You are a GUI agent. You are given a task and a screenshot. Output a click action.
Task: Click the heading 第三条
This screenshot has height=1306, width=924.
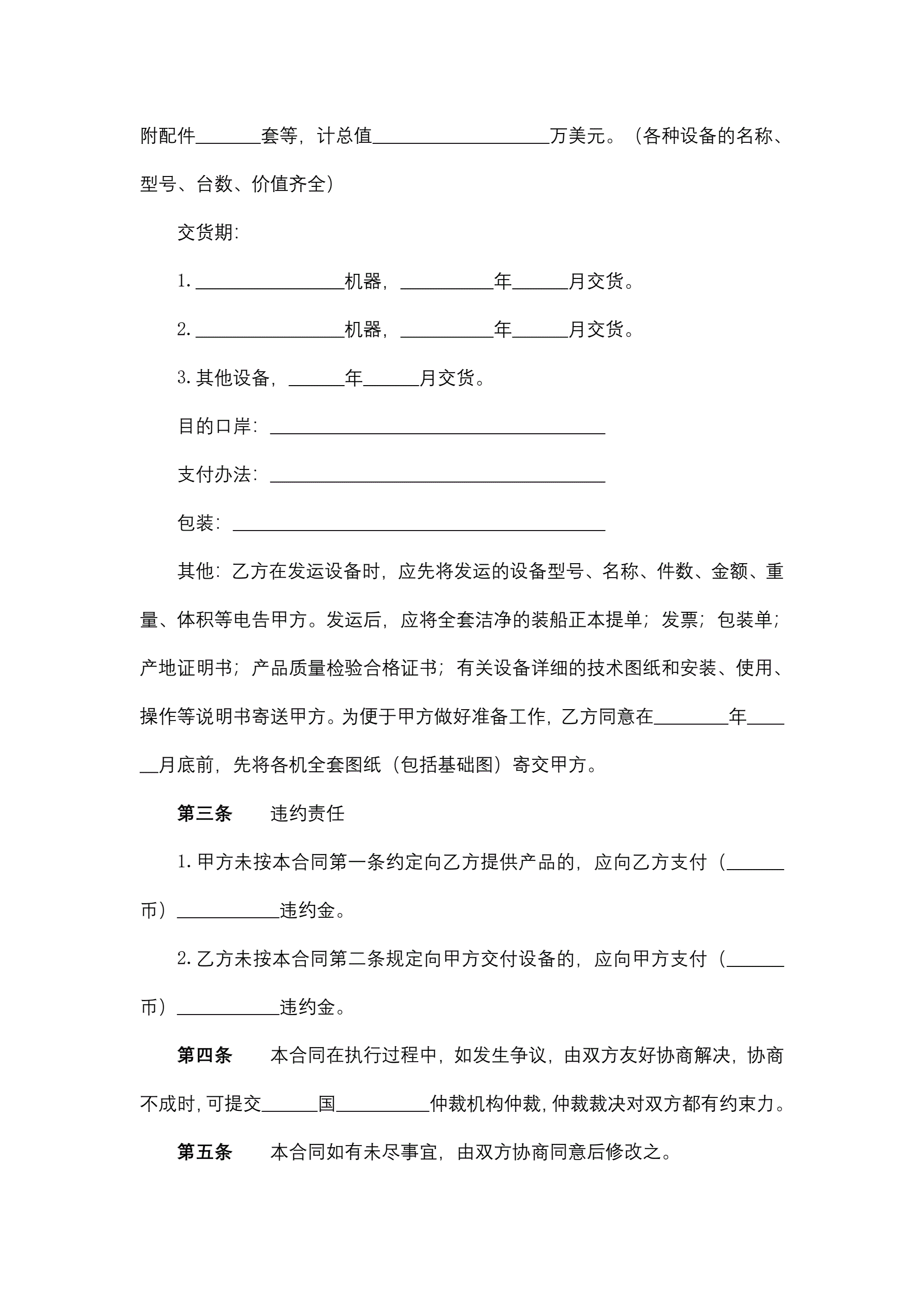pos(204,813)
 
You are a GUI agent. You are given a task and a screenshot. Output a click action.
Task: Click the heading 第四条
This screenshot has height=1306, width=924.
pos(204,1055)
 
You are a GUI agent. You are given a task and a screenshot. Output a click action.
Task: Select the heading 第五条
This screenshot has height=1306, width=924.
pos(204,1152)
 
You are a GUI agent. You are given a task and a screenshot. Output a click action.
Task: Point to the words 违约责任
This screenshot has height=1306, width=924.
pos(307,813)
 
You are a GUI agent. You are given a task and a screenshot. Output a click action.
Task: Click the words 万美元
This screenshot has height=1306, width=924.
pos(578,136)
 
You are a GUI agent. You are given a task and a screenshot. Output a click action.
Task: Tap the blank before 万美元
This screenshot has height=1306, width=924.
pos(461,137)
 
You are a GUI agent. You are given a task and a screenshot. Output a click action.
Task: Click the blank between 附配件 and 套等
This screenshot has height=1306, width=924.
pos(228,137)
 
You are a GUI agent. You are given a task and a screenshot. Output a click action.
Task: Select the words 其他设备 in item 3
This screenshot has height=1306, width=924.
pos(233,378)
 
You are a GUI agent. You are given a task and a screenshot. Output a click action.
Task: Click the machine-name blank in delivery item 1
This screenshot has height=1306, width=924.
pos(270,282)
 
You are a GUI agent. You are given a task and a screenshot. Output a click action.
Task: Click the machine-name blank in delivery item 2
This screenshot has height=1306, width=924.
pos(270,330)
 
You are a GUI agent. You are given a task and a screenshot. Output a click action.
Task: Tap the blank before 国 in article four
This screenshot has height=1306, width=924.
pos(289,1105)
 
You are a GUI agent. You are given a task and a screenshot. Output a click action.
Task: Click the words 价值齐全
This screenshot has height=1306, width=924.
pos(288,184)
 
